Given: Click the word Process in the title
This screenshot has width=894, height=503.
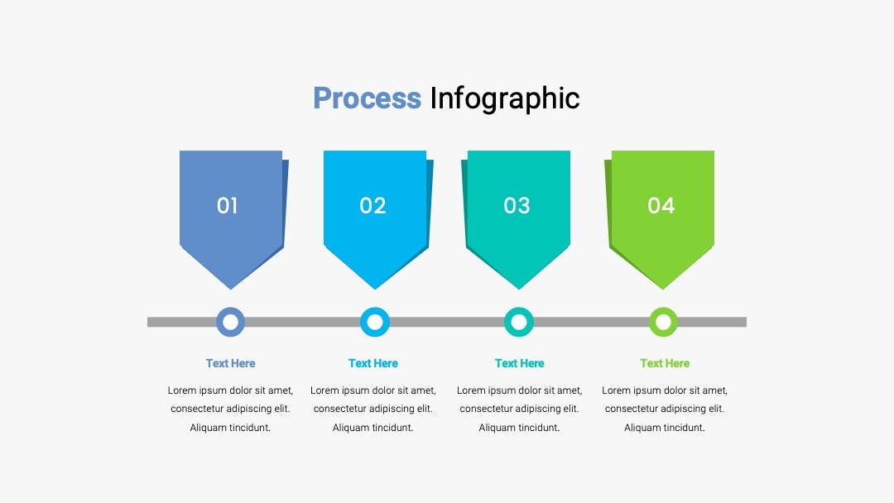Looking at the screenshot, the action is click(368, 98).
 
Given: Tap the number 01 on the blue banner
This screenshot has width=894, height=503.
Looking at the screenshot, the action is click(227, 206).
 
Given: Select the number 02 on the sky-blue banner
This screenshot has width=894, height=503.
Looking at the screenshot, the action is click(372, 206).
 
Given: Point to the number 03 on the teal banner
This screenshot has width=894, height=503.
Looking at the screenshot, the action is click(517, 206).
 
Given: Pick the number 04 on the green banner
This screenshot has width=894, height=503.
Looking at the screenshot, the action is click(661, 206).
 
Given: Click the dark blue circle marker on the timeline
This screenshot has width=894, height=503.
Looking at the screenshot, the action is click(230, 322).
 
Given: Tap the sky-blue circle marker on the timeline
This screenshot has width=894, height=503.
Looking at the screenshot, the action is click(375, 322).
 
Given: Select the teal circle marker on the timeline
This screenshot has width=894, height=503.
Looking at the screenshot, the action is click(519, 322).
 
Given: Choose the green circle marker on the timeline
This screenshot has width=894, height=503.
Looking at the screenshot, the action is click(663, 322).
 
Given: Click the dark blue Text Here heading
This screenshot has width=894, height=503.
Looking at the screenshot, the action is click(230, 363).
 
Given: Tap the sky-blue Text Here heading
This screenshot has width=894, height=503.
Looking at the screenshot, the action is click(372, 363).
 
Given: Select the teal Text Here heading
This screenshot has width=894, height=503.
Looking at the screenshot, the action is click(519, 363).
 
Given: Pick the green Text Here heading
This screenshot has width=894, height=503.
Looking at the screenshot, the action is click(665, 363).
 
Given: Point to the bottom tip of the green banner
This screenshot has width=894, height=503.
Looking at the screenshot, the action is click(662, 289).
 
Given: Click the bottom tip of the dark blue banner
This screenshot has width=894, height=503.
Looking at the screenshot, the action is click(231, 289).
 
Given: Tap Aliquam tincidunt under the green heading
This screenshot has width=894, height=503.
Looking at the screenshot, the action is click(664, 428).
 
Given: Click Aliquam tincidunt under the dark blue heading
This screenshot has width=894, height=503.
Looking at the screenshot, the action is click(230, 428).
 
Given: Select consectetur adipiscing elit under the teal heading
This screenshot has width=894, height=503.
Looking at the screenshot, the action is click(519, 409).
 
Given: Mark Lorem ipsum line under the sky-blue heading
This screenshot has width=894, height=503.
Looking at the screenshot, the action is click(372, 390).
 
